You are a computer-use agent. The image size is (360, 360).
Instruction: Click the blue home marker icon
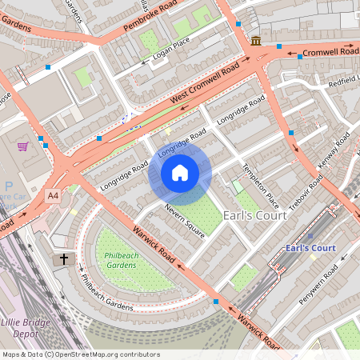pyautogui.click(x=180, y=172)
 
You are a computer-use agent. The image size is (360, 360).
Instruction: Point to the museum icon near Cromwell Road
pyautogui.click(x=255, y=41)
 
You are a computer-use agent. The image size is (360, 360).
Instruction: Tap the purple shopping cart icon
pyautogui.click(x=23, y=146)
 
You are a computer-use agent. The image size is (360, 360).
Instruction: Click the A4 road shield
pyautogui.click(x=53, y=195)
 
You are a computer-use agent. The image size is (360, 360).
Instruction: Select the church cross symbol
pyautogui.click(x=64, y=260)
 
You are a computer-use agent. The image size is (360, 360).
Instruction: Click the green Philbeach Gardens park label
pyautogui.click(x=121, y=260)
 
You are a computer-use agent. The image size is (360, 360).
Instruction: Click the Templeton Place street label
pyautogui.click(x=261, y=185)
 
